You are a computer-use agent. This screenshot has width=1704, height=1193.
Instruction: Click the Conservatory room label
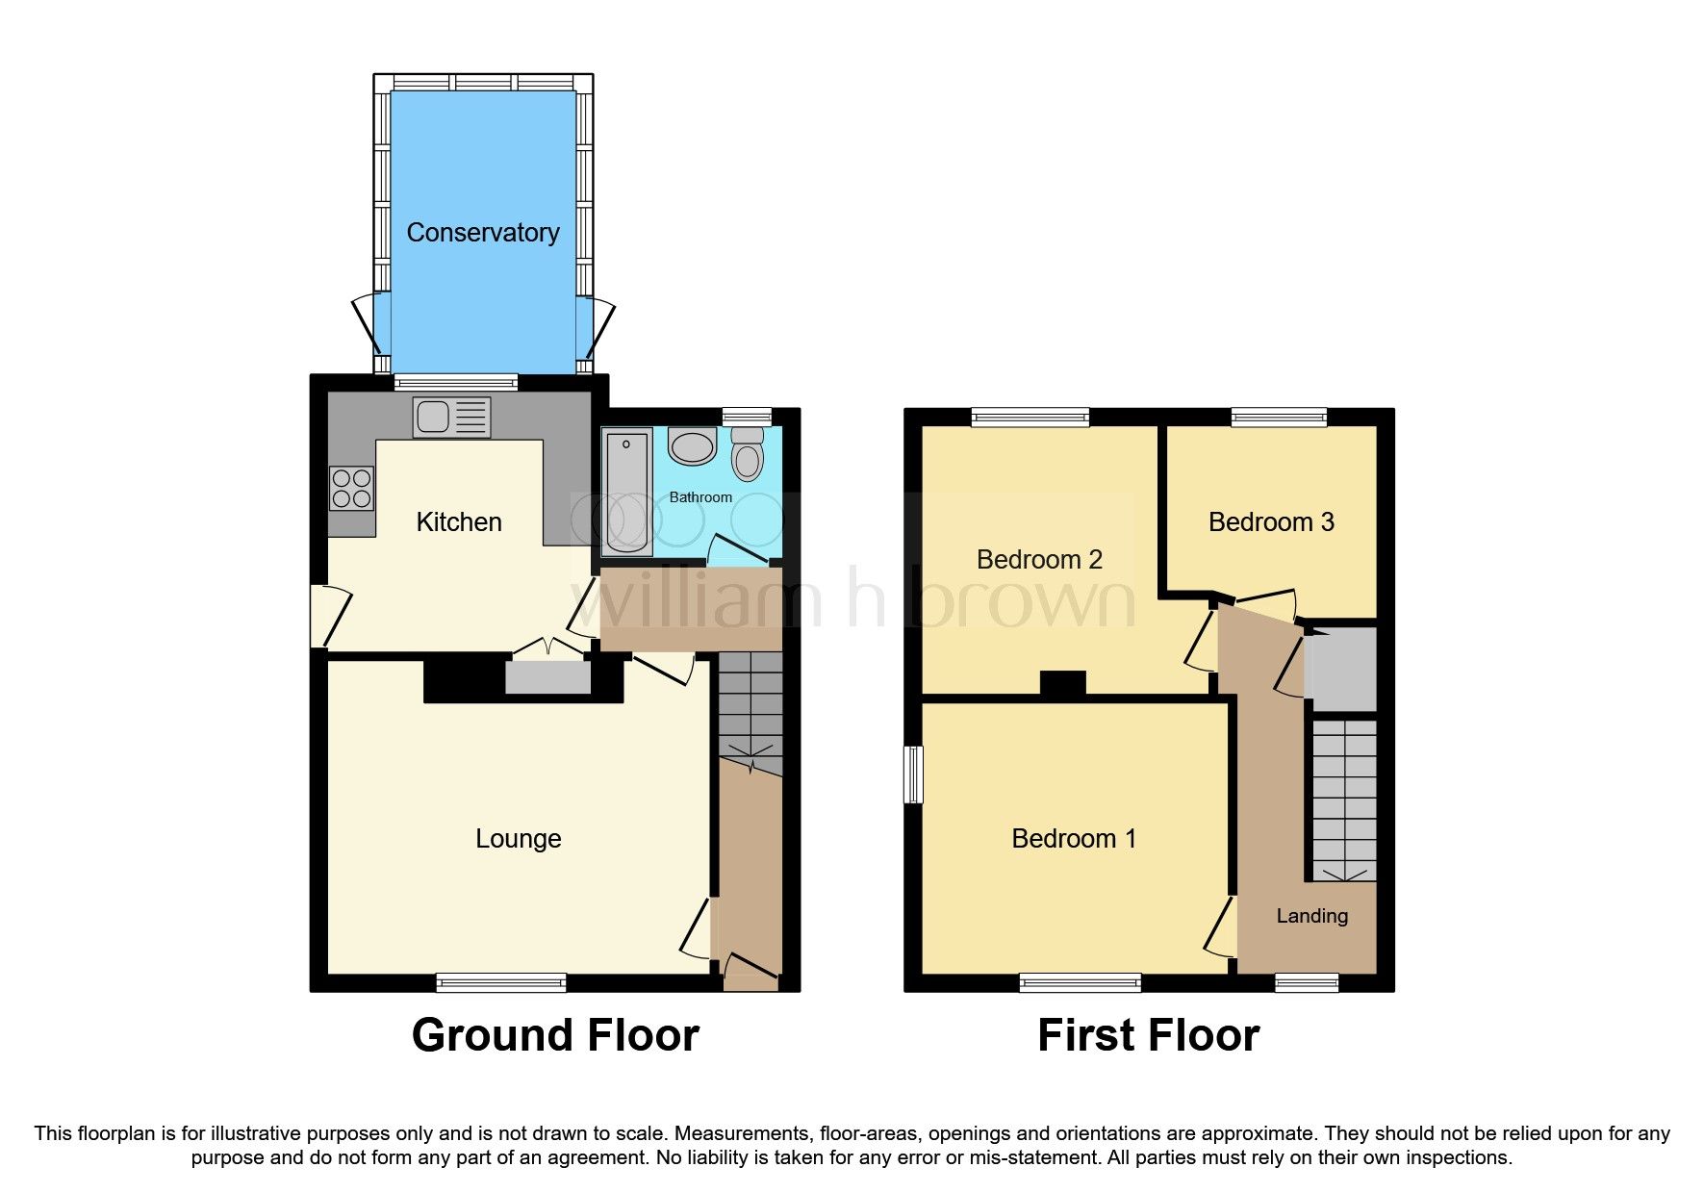[483, 232]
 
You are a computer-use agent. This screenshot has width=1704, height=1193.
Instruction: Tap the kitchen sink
[451, 418]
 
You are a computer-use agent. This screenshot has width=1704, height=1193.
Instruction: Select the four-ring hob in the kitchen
[351, 488]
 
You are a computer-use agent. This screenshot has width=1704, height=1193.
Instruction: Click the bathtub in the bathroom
[626, 492]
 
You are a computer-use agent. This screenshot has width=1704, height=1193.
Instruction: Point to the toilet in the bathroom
[748, 454]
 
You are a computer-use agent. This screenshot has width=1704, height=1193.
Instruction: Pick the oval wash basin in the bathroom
[692, 446]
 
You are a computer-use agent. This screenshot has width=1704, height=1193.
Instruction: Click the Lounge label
[518, 838]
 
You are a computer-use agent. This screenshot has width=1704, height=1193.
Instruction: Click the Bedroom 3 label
[1271, 521]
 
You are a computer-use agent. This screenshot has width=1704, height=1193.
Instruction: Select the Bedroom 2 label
[1039, 559]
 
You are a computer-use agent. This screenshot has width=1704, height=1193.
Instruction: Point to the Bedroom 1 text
[1074, 838]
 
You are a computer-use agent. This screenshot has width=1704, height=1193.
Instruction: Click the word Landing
[1311, 916]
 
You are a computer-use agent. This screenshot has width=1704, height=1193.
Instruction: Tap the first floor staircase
[1344, 799]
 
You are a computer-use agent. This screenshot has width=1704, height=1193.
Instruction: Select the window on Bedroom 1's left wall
[914, 774]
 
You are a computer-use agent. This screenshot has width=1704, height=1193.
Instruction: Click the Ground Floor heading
[555, 1035]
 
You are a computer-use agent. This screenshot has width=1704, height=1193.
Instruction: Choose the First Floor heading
[1148, 1035]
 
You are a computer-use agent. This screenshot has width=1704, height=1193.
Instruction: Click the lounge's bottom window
[500, 982]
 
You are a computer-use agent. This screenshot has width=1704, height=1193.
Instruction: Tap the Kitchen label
[459, 521]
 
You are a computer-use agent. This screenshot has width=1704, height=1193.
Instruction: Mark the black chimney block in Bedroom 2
[1062, 682]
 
